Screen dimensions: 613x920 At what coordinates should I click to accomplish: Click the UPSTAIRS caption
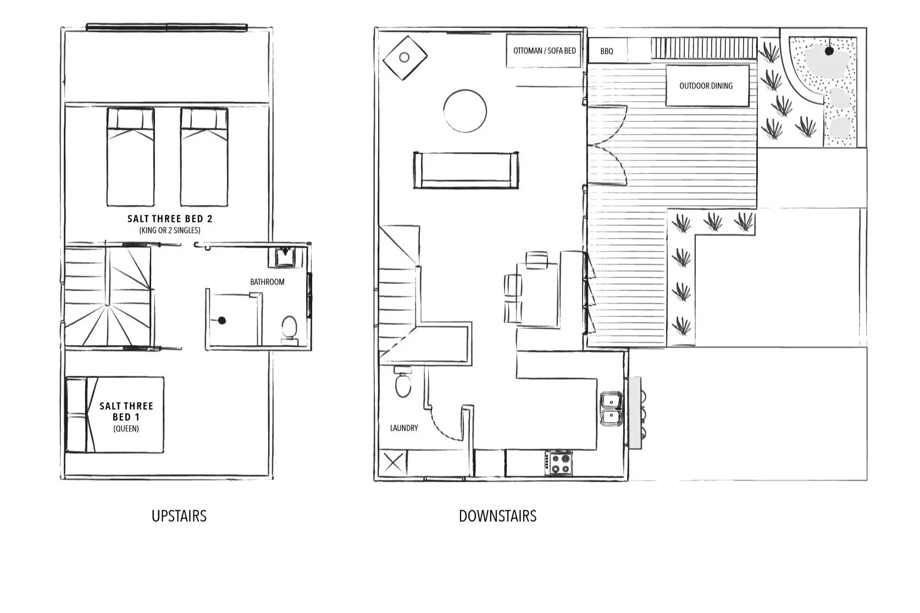point(179,516)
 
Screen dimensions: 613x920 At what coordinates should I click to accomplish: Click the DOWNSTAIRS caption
point(497,516)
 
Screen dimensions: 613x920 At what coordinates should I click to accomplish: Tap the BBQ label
point(607,51)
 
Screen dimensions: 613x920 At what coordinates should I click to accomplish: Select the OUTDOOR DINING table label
point(706,86)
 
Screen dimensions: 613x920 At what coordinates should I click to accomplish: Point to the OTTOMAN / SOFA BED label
point(544,51)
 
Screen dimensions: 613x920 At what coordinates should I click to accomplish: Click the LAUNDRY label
point(404,428)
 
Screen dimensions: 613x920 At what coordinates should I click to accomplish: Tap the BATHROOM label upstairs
point(267,282)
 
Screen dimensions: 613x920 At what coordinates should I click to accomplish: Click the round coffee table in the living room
point(465,111)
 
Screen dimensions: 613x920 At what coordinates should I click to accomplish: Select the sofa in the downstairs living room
point(466,170)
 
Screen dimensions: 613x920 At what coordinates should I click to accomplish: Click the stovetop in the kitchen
point(559,463)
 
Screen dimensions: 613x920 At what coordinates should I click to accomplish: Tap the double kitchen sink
point(611,409)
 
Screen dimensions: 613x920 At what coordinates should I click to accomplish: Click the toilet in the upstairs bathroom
point(289,328)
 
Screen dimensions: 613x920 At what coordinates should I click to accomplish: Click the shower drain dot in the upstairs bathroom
point(221,320)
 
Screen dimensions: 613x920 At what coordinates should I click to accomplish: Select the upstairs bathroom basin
point(285,257)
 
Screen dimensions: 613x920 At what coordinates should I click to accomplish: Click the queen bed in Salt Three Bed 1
point(115,415)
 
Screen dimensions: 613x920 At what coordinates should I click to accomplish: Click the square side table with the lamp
point(404,58)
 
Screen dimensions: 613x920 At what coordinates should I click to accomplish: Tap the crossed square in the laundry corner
point(392,462)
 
